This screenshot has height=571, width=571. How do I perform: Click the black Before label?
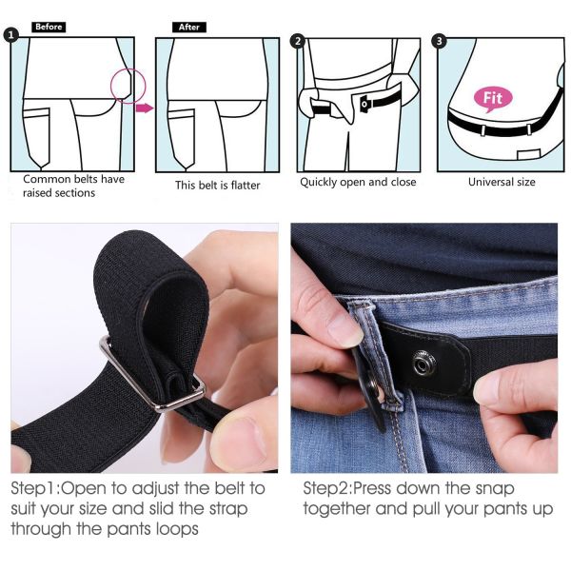(49, 27)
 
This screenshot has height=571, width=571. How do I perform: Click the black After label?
(189, 27)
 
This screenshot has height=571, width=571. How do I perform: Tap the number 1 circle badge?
(10, 35)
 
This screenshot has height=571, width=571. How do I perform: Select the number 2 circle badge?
(298, 41)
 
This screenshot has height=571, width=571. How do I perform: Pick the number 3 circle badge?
(439, 41)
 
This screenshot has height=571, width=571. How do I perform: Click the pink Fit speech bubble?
(493, 99)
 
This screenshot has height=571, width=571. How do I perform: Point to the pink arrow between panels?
(145, 108)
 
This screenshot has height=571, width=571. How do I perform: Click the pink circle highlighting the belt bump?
(128, 86)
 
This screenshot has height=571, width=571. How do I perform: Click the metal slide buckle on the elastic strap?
(153, 379)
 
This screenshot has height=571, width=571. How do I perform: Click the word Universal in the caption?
(489, 182)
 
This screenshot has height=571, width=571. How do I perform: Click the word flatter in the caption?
(246, 185)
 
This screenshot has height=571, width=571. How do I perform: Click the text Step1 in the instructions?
(34, 489)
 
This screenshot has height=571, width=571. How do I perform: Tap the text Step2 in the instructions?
(326, 489)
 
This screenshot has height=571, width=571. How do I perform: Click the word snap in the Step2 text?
(495, 489)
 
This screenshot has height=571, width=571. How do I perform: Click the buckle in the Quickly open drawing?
(364, 104)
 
